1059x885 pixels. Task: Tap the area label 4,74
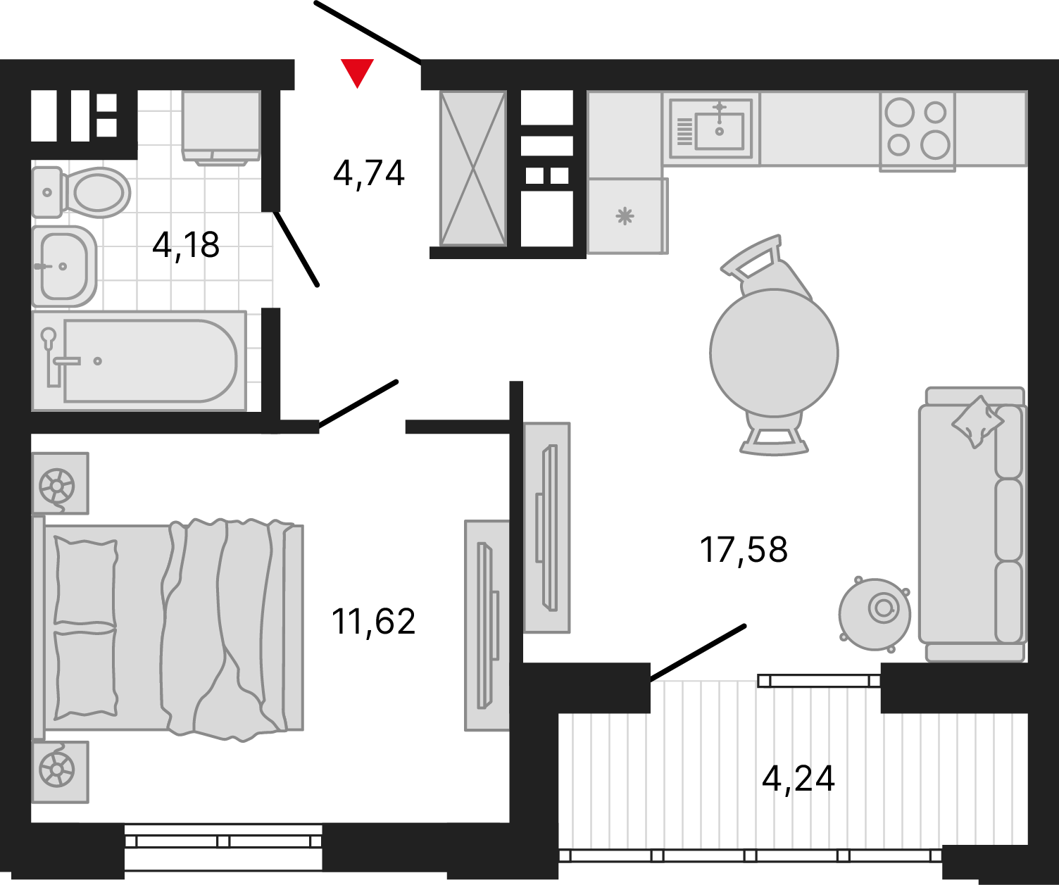pos(369,173)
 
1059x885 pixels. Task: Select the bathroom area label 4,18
pos(186,245)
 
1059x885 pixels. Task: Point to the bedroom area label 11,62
pos(373,622)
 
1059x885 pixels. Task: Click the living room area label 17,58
pos(744,550)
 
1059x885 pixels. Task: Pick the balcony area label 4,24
pos(798,779)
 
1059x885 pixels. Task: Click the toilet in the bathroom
pos(81,193)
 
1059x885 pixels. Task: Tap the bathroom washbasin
pos(64,266)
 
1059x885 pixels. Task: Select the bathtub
pos(139,361)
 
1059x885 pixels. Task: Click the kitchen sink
pos(711,128)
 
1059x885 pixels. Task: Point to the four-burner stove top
pos(917,132)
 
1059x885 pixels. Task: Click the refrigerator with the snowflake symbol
pos(628,216)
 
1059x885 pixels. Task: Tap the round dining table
pos(774,353)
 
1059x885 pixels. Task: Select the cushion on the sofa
pos(977,422)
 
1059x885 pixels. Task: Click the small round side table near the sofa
pos(875,614)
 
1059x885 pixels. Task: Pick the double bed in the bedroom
pos(168,629)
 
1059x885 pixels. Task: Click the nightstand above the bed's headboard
pos(61,483)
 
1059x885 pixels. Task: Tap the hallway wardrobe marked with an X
pos(473,169)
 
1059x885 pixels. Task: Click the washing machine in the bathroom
pos(221,128)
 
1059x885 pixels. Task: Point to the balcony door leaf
pos(698,653)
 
